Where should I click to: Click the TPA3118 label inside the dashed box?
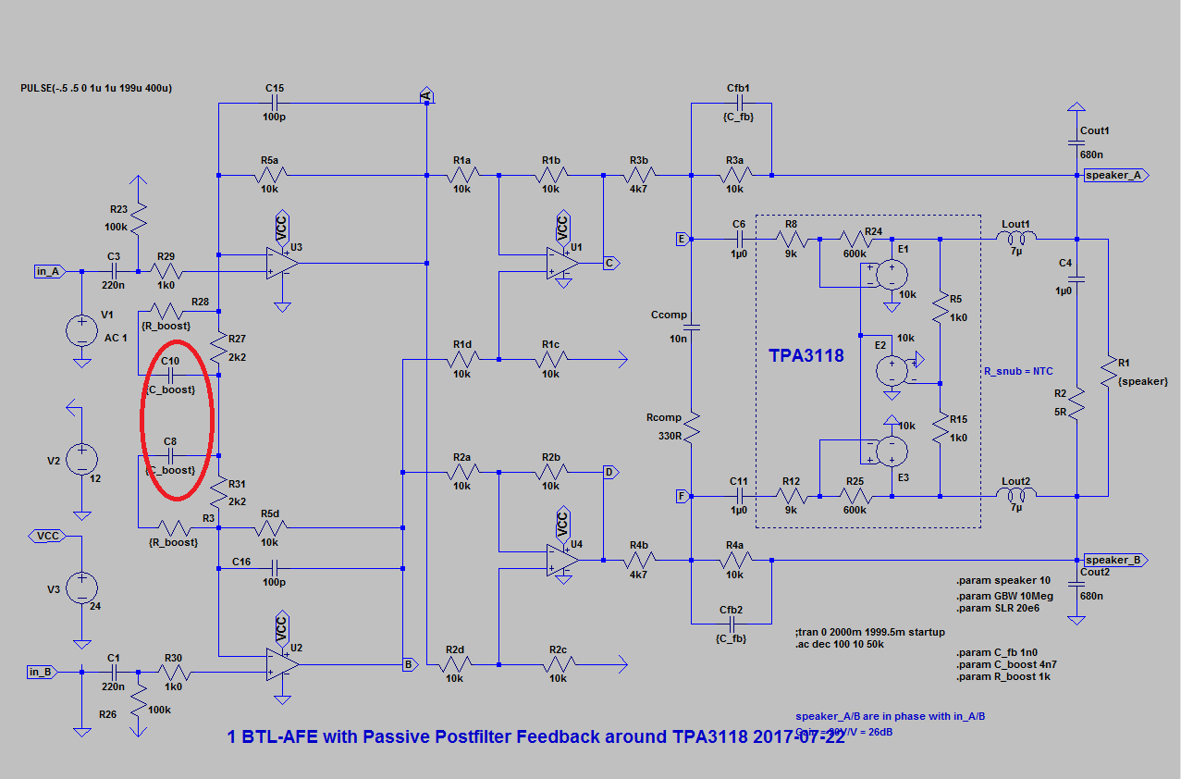click(x=806, y=355)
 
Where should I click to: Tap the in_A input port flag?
click(x=47, y=271)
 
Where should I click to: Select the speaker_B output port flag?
click(x=1116, y=560)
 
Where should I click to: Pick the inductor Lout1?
click(x=1015, y=238)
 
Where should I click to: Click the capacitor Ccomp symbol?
click(x=692, y=327)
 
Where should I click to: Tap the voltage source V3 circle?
click(x=81, y=589)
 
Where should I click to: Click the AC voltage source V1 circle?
click(x=81, y=329)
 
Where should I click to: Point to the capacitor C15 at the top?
click(x=275, y=104)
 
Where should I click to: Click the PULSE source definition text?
click(x=96, y=88)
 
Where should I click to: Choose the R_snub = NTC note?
click(x=1016, y=371)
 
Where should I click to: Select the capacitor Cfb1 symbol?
click(x=737, y=104)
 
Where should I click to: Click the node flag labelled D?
click(x=609, y=472)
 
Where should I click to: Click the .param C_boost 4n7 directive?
click(x=1003, y=664)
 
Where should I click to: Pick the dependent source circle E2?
click(x=891, y=368)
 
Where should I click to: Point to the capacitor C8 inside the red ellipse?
click(x=170, y=455)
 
